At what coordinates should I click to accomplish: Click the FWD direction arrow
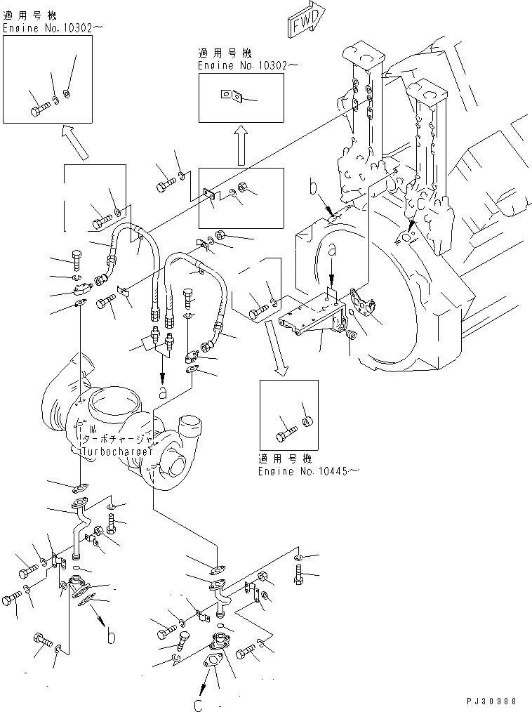[305, 18]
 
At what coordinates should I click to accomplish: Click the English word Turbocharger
[118, 451]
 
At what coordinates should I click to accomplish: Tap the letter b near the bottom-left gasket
[110, 636]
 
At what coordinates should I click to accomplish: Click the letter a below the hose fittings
[163, 394]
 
